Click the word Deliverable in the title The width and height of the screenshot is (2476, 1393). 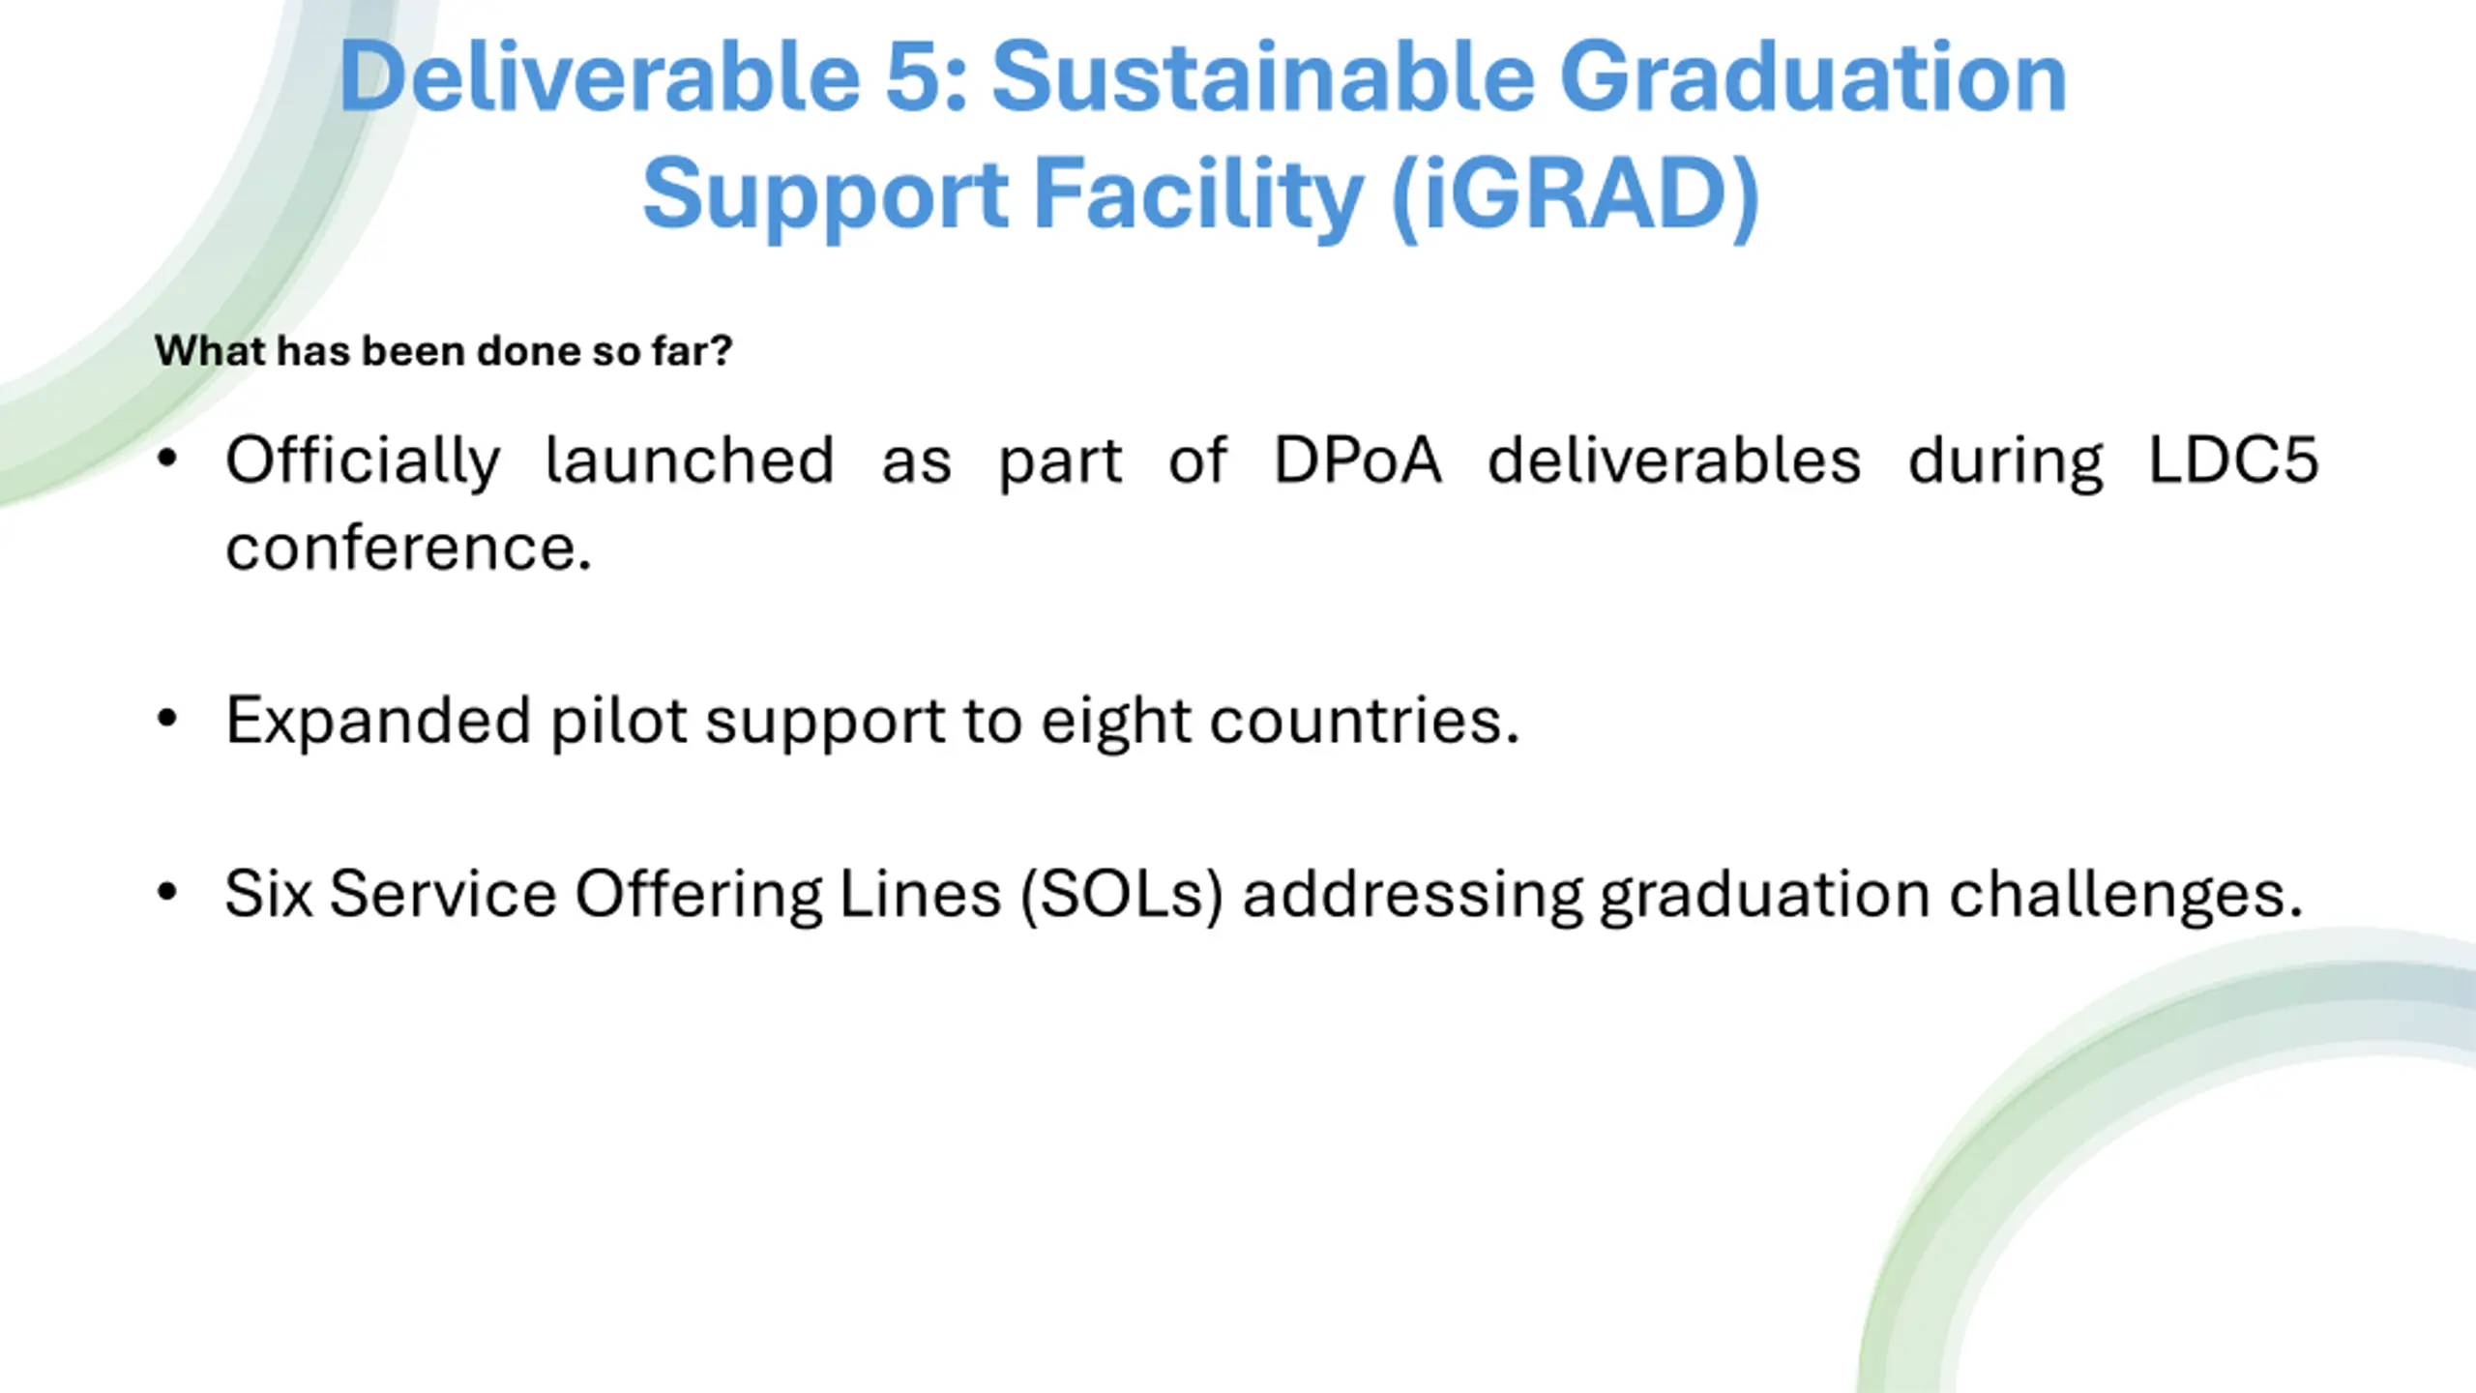coord(600,77)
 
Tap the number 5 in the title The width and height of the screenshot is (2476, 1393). coord(915,77)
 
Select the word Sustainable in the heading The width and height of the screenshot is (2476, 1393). coord(1263,77)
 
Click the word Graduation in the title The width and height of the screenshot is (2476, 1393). coord(1813,77)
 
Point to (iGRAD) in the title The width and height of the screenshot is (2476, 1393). coord(1575,194)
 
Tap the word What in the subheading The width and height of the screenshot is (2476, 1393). coord(210,350)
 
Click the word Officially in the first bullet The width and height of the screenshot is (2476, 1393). coord(364,462)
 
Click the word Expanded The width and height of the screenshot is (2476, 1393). coord(378,722)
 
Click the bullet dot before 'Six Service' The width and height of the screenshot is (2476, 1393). coord(167,892)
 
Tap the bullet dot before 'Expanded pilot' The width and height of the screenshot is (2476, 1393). coord(167,719)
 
